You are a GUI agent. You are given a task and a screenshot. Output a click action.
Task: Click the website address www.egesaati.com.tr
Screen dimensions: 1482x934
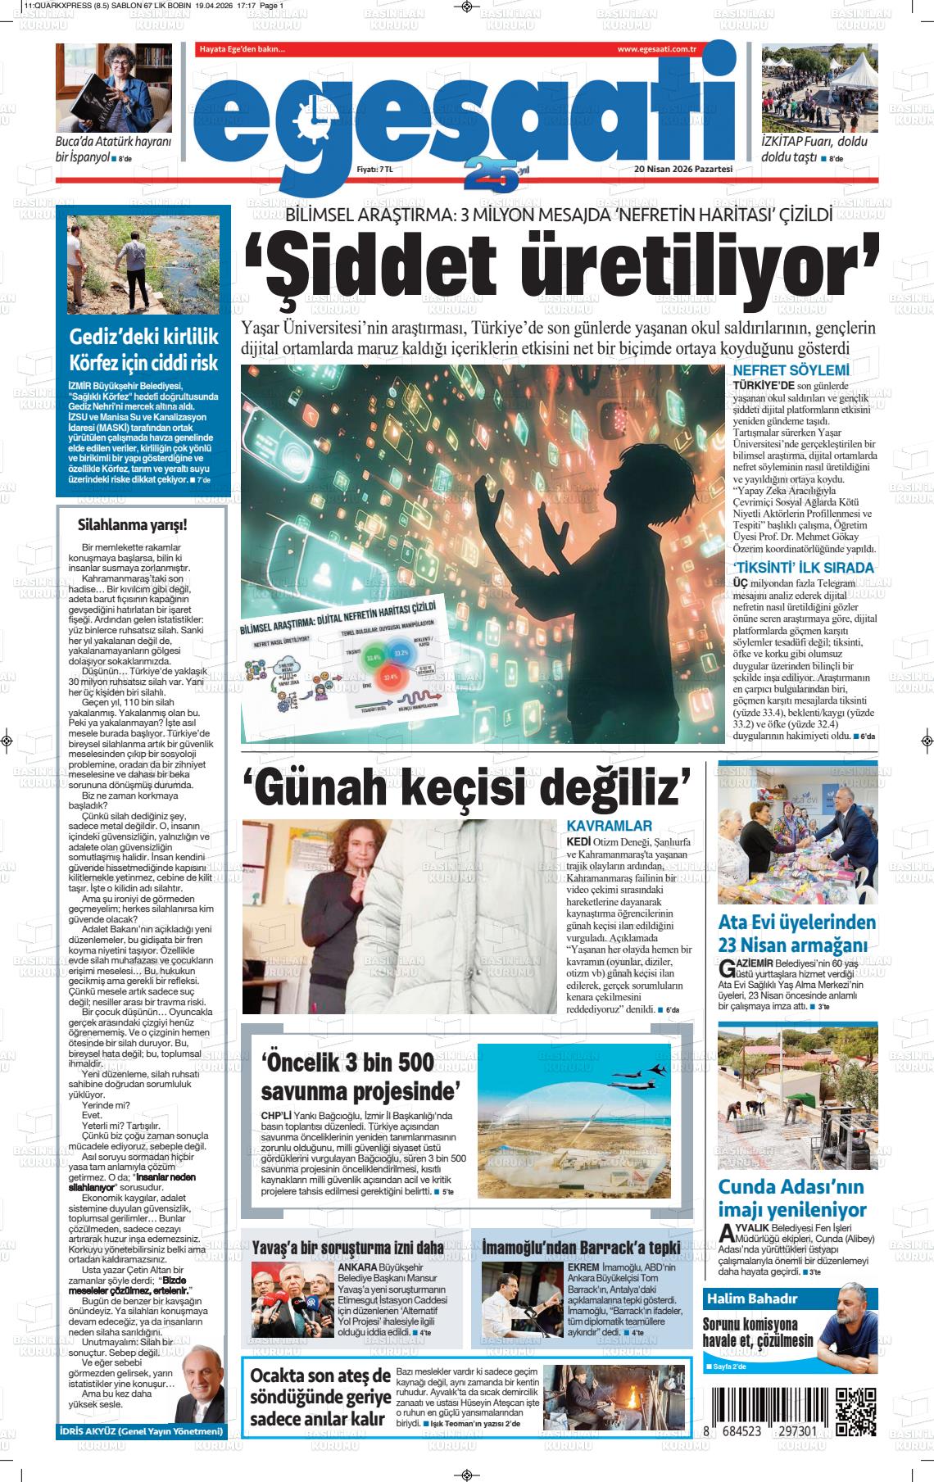pyautogui.click(x=656, y=50)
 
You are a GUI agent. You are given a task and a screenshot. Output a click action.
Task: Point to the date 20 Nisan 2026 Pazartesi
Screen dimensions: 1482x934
pyautogui.click(x=682, y=170)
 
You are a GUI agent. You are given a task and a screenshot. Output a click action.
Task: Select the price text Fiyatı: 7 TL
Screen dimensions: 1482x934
pyautogui.click(x=374, y=170)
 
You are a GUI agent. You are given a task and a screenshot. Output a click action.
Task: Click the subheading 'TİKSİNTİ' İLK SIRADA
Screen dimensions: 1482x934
pyautogui.click(x=803, y=568)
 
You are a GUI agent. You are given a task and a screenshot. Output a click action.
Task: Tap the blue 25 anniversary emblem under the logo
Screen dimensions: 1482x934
pyautogui.click(x=492, y=173)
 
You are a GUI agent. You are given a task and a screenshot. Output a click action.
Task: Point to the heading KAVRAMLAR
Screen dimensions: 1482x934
pyautogui.click(x=609, y=826)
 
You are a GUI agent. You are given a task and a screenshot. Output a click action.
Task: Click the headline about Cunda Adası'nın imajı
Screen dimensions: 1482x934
pyautogui.click(x=791, y=1198)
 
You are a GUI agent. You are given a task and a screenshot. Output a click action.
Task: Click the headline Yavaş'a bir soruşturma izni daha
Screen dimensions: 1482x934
pyautogui.click(x=348, y=1246)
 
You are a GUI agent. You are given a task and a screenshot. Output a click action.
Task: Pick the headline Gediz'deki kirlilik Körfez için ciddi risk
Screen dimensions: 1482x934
pyautogui.click(x=143, y=350)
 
